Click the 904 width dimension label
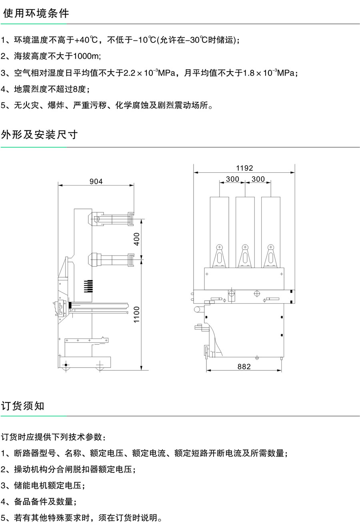(96, 182)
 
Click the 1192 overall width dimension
(244, 168)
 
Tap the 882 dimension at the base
(244, 366)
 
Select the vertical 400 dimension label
(137, 239)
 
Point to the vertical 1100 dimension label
(137, 315)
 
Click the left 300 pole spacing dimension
(232, 179)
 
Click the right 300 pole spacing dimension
(258, 179)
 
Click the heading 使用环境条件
(36, 13)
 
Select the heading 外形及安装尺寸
(40, 134)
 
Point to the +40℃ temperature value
(87, 40)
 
